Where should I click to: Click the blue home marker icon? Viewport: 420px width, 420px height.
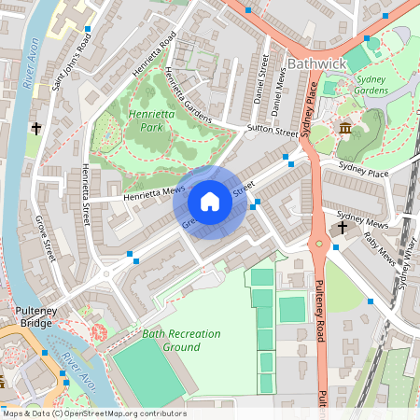point(210,201)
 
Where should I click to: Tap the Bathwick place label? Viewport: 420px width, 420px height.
point(317,63)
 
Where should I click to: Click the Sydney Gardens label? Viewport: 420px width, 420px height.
point(371,85)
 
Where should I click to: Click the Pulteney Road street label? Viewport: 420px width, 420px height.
point(320,308)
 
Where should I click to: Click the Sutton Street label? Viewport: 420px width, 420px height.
point(272,132)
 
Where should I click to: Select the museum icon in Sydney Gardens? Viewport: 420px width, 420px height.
point(345,128)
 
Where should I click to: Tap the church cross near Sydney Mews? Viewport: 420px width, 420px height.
point(343,227)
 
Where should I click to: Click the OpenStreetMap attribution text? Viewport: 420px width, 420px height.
point(94,413)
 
